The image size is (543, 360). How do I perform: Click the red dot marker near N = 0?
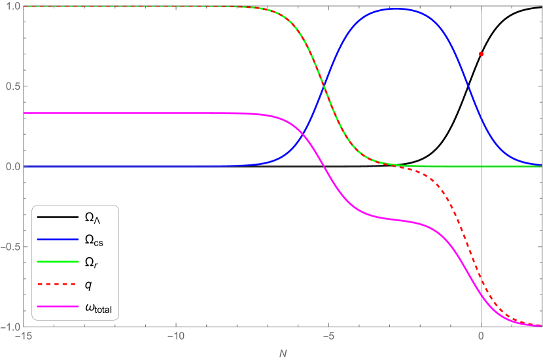click(481, 54)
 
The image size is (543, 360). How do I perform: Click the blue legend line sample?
click(58, 240)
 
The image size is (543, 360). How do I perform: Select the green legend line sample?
click(58, 262)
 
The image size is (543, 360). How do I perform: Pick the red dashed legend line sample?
click(58, 284)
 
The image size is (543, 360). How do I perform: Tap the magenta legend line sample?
click(58, 306)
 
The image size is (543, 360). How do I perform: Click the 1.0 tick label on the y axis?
click(11, 7)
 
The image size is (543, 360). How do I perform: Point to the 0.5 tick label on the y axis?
click(11, 86)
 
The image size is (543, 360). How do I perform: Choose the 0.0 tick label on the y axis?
click(11, 166)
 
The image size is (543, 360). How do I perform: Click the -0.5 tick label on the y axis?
click(10, 246)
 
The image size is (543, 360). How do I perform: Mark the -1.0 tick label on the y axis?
click(10, 326)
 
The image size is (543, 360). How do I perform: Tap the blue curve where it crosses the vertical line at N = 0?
click(481, 118)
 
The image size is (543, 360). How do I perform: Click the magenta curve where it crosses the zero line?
click(324, 166)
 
